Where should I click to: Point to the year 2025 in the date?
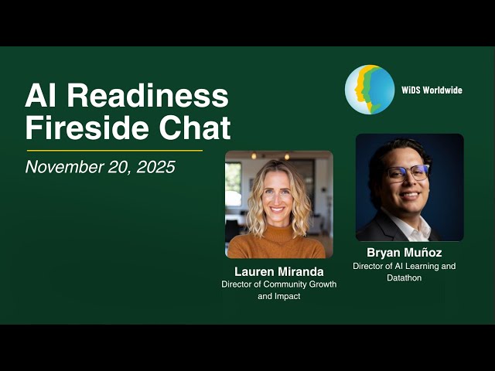coord(155,166)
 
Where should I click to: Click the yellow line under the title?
coord(114,150)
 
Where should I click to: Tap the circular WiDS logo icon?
coord(370,90)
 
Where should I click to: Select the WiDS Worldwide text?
coord(432,90)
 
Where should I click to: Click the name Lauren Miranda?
coord(278,271)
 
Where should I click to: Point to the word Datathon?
coord(405,278)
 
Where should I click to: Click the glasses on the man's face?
coord(408,172)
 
